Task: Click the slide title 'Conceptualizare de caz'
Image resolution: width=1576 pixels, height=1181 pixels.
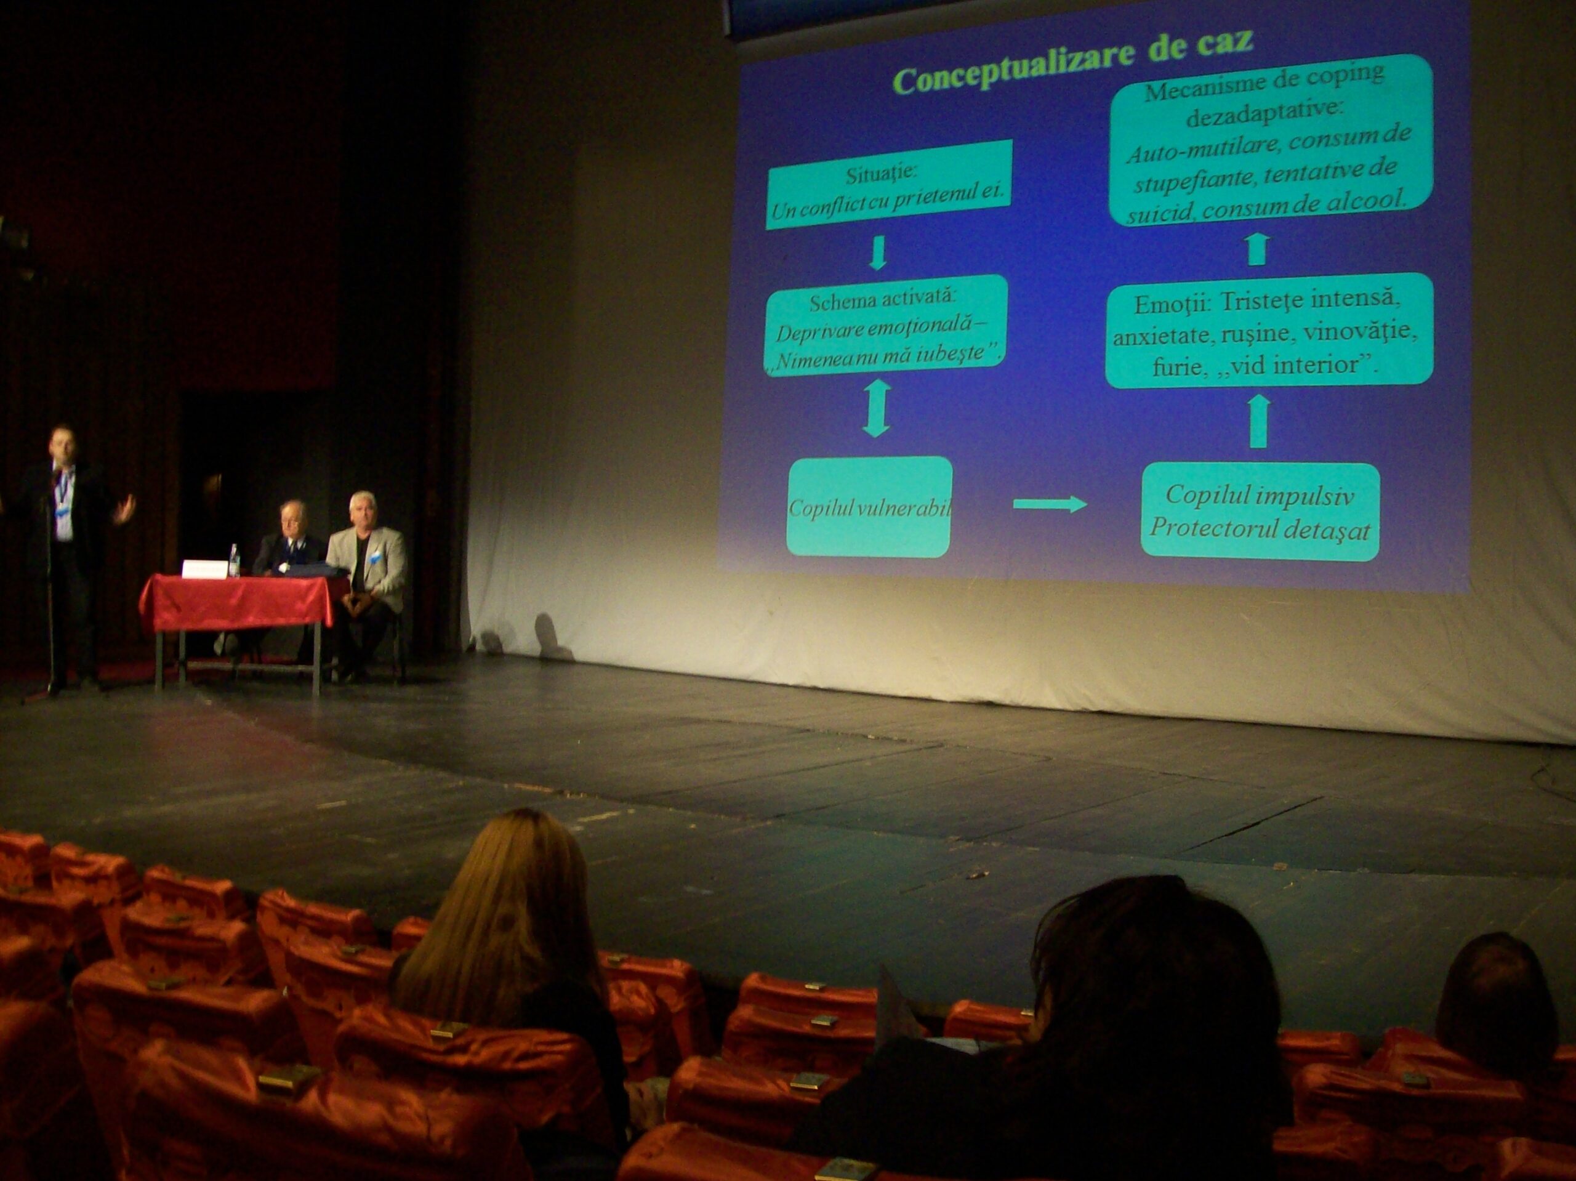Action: coord(1072,60)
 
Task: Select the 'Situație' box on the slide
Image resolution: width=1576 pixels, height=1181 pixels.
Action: coord(888,184)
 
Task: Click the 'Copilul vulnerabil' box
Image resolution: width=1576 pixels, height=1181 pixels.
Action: coord(869,507)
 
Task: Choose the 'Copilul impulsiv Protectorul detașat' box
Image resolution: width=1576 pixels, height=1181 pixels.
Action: coord(1260,512)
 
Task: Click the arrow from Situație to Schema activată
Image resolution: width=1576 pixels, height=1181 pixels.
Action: coord(878,252)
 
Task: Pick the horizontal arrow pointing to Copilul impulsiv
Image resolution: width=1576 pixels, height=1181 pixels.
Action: coord(1050,504)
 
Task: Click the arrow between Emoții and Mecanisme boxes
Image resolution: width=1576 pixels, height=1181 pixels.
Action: coord(1258,249)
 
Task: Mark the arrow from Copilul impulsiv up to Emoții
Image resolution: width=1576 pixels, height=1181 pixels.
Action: coord(1259,421)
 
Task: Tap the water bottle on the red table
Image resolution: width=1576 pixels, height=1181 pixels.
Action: coord(234,560)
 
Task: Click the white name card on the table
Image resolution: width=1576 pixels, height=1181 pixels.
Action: coord(205,569)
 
